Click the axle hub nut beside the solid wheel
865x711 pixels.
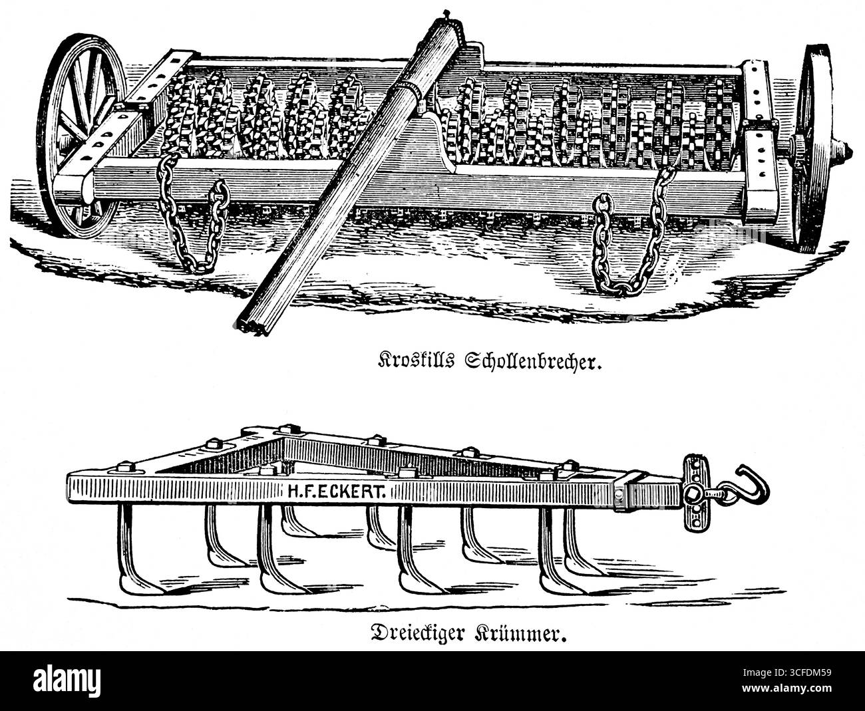[845, 154]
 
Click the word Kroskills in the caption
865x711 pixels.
[415, 360]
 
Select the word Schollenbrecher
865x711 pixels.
[533, 361]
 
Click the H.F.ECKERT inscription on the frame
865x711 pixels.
[336, 492]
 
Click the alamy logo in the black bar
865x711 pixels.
[67, 680]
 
